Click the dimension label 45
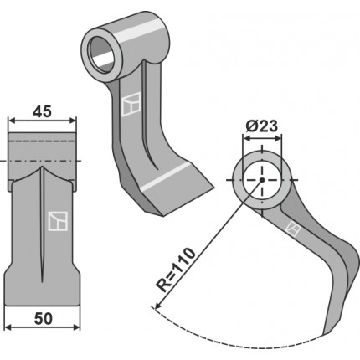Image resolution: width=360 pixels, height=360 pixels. (42, 111)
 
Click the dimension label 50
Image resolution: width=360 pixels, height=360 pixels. (44, 319)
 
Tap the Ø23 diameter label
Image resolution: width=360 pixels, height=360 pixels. (262, 126)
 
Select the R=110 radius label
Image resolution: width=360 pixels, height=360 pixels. (175, 270)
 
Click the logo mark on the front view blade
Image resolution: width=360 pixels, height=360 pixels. (58, 221)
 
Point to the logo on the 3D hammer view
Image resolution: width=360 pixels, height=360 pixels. (131, 105)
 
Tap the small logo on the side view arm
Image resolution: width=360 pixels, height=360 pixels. (294, 229)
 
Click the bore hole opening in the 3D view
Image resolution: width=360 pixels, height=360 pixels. (102, 54)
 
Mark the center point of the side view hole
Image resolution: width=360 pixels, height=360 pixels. (262, 180)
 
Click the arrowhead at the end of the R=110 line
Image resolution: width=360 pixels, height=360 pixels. (157, 306)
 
